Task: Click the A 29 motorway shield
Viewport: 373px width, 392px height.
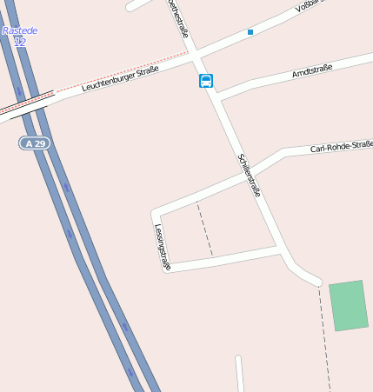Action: coord(35,143)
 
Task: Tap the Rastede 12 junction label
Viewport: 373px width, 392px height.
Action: coord(19,36)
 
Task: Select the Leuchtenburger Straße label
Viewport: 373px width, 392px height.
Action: coord(120,79)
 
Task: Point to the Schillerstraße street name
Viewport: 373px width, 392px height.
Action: coord(249,175)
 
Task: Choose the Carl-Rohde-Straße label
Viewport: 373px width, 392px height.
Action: coord(341,147)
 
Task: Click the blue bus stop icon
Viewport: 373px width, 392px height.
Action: coord(206,81)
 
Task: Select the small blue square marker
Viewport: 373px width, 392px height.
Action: coord(250,32)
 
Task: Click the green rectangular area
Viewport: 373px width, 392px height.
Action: coord(349,305)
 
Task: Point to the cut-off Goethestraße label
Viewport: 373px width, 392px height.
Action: coord(177,18)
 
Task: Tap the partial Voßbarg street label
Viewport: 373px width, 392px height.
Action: coord(310,6)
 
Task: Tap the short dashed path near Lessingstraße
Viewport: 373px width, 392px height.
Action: coord(204,229)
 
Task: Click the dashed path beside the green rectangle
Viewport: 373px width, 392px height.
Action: coord(325,339)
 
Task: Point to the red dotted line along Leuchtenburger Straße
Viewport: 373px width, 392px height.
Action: coord(122,72)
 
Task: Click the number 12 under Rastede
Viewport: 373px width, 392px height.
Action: coord(20,42)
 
